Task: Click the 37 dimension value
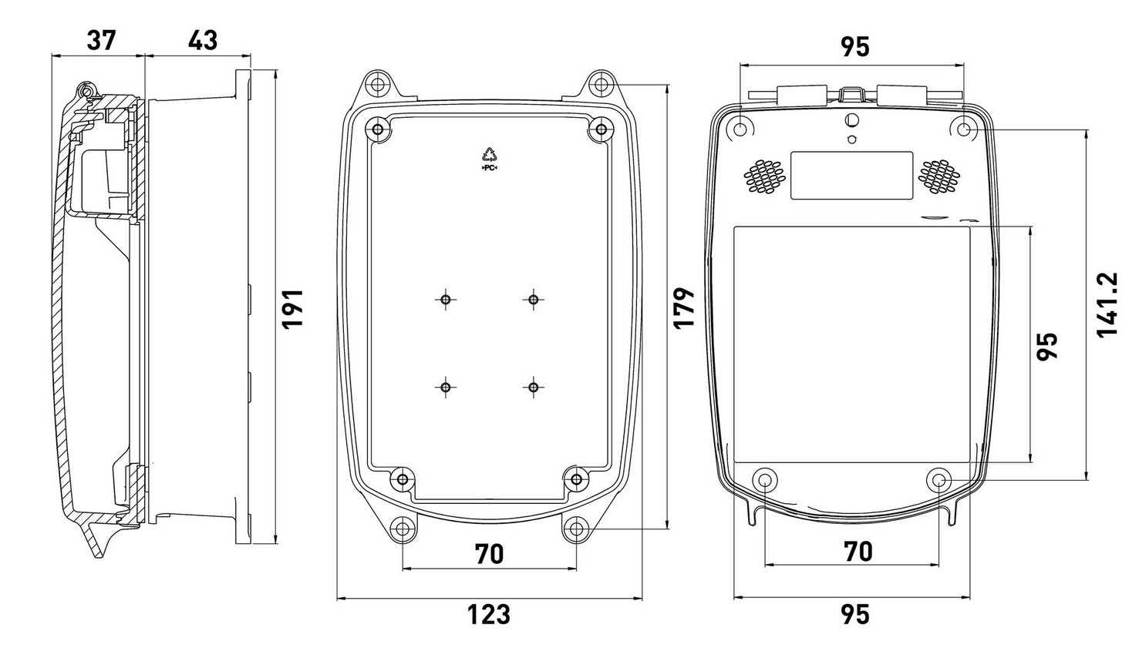(101, 40)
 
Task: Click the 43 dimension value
(203, 40)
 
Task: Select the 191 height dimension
(293, 310)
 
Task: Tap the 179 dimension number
(684, 308)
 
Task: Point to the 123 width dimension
(489, 614)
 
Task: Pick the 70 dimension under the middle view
(489, 554)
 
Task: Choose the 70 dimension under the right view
(858, 552)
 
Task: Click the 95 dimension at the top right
(854, 47)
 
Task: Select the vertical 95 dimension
(1047, 347)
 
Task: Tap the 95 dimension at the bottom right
(854, 614)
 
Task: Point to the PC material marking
(489, 167)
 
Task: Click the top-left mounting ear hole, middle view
(377, 84)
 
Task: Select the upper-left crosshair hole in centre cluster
(446, 300)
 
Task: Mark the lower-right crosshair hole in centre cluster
(533, 388)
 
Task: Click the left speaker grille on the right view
(764, 177)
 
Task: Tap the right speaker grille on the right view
(938, 177)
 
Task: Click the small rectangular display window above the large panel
(851, 176)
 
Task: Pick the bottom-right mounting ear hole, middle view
(577, 529)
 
